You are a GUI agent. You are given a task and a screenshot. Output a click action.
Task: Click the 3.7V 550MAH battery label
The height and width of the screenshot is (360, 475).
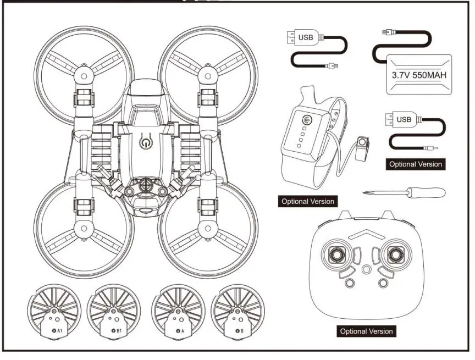(419, 74)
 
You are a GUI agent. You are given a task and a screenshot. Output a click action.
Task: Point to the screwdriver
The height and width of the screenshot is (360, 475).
(404, 192)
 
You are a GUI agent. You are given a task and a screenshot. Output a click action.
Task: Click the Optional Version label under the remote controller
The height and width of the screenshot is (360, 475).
(366, 331)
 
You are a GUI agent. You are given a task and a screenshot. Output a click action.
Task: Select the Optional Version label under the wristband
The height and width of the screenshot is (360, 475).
(307, 201)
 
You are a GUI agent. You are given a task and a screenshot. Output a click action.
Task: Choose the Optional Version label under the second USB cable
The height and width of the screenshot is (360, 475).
(415, 164)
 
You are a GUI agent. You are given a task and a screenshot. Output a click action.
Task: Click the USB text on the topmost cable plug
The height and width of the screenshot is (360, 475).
(306, 38)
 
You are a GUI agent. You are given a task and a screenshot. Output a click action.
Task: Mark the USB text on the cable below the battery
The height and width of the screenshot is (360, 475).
(404, 119)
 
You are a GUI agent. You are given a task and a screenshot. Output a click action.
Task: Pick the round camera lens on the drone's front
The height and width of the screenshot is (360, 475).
(145, 185)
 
